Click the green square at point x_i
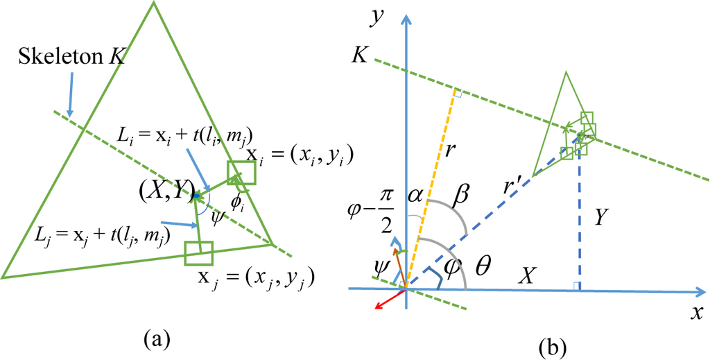click(x=241, y=173)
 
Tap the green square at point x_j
click(x=198, y=253)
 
